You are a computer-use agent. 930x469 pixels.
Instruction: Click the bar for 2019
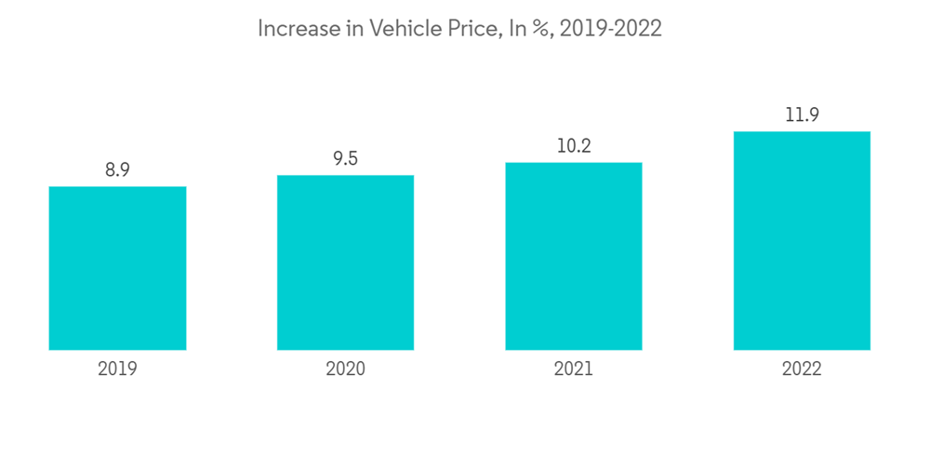[x=117, y=268]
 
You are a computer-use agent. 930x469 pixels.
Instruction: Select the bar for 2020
[x=345, y=262]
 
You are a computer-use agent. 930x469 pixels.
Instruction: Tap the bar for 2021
[x=574, y=256]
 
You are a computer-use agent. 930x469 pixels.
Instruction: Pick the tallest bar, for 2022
[x=802, y=240]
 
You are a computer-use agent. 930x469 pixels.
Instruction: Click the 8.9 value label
[x=117, y=170]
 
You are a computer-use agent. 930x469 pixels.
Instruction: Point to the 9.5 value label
[x=345, y=159]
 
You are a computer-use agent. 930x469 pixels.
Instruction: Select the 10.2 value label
[x=574, y=146]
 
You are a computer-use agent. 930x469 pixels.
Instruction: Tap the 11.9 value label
[x=802, y=115]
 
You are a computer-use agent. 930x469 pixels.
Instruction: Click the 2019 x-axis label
[x=117, y=369]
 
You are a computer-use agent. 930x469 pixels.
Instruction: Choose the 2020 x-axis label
[x=345, y=369]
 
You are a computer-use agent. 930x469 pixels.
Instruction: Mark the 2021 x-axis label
[x=574, y=369]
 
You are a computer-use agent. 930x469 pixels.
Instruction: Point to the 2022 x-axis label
[x=802, y=369]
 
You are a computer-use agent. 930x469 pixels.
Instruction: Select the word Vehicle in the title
[x=405, y=29]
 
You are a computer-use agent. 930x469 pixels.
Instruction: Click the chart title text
[x=459, y=29]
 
